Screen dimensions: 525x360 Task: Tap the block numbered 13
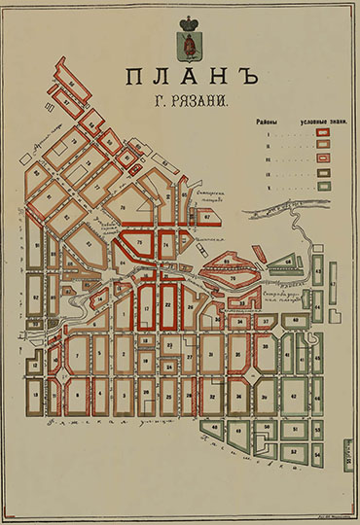click(x=35, y=395)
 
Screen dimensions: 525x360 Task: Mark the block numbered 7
click(x=75, y=356)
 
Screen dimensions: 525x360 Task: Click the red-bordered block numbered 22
click(x=167, y=304)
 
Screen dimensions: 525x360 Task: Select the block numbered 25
click(x=168, y=396)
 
